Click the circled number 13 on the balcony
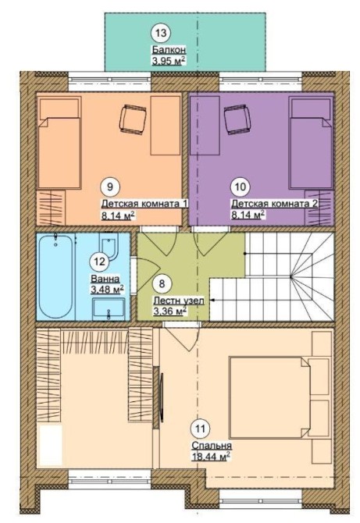coord(161,33)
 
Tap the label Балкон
coord(169,50)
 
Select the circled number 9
coord(110,187)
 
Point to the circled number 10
coord(241,187)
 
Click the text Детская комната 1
coord(145,204)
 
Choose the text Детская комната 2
coord(274,204)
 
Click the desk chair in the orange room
coord(133,119)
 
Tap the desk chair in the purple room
coord(237,119)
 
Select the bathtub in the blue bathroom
coord(55,276)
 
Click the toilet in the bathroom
coord(109,246)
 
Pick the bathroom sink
coord(109,308)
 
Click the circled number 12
coord(99,261)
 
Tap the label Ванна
coord(105,279)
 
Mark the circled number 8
coord(162,284)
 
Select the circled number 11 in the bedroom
coord(200,429)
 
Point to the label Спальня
coord(212,446)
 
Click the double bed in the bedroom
coord(269,397)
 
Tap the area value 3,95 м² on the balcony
coord(169,61)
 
